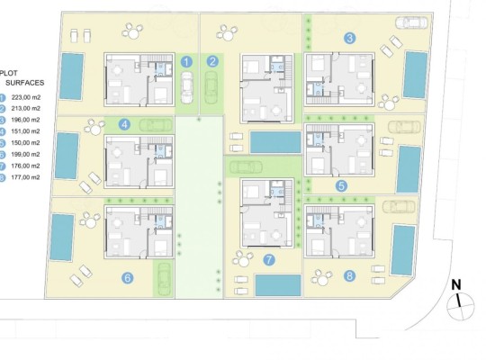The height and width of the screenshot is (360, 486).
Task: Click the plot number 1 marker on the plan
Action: pos(186,62)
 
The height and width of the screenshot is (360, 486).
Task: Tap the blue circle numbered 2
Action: pos(212,62)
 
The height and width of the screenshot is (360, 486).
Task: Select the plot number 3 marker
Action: pos(349,38)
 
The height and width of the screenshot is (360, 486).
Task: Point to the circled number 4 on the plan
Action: pos(124,125)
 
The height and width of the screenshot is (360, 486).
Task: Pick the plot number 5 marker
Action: pos(341,186)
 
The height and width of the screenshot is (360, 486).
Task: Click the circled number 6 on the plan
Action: pos(127,277)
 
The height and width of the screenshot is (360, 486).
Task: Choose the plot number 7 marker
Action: pos(268,261)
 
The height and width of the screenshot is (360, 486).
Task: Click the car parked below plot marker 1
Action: pos(187,85)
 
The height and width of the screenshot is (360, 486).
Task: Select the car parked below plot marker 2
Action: pos(213,86)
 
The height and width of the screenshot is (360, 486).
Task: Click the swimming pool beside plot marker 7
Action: pos(277,285)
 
